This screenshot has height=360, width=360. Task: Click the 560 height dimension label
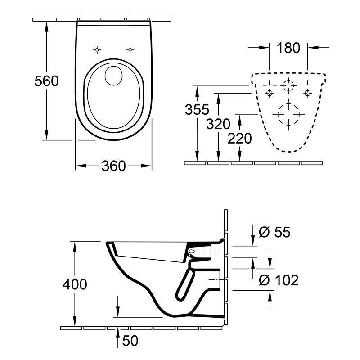[x=47, y=81]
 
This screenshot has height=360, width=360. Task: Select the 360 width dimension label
[x=114, y=166]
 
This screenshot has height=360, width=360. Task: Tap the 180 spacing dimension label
[x=288, y=48]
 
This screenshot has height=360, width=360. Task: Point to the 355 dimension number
[x=197, y=109]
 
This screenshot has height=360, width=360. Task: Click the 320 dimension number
[x=218, y=124]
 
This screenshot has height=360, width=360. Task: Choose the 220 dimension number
[x=239, y=139]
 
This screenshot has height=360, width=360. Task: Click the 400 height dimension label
[x=75, y=284]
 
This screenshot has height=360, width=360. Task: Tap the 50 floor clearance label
[x=130, y=341]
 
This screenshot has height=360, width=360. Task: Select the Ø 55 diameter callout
[x=274, y=232]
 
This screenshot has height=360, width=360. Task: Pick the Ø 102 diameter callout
[x=279, y=280]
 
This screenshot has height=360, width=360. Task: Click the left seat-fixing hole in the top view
[x=97, y=50]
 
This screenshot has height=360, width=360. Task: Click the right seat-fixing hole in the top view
[x=130, y=50]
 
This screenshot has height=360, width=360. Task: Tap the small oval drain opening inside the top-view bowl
[x=113, y=76]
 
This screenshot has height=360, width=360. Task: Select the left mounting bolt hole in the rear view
[x=269, y=93]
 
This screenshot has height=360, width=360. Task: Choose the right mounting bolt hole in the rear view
[x=307, y=93]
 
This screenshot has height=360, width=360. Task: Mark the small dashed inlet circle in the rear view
[x=288, y=80]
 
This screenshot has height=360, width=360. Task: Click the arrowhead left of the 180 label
[x=264, y=48]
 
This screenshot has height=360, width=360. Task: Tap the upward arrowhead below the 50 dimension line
[x=118, y=331]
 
